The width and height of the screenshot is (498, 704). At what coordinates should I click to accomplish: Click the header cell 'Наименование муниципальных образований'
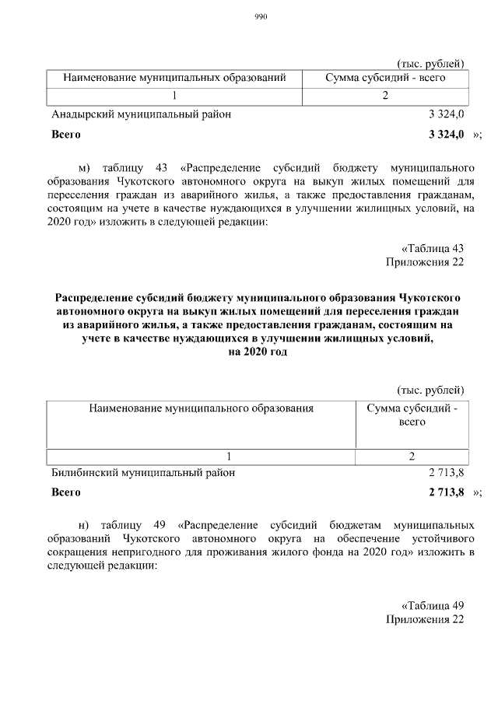175,78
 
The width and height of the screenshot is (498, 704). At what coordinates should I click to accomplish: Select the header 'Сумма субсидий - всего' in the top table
385,78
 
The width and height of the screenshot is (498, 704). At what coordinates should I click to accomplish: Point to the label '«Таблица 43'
433,247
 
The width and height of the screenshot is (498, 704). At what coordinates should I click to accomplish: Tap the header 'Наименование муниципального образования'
201,407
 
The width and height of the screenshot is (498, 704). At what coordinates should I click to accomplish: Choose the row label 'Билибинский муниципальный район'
142,471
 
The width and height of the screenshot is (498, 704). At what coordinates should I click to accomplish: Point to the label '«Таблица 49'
433,604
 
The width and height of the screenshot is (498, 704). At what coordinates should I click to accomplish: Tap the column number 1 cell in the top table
175,96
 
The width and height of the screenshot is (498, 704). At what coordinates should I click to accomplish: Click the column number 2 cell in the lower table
411,456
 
